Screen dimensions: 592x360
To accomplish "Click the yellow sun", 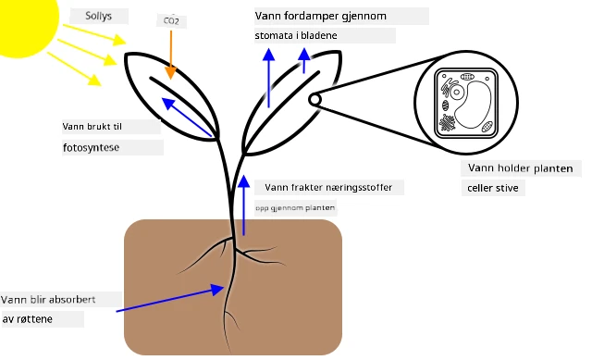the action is [27, 22].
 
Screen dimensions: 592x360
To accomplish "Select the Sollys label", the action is [99, 16].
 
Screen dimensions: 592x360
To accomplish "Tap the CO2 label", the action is [171, 20].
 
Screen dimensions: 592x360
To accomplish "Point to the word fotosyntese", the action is [91, 147].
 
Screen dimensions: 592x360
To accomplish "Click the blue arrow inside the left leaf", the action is [187, 118].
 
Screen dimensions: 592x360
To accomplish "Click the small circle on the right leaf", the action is [314, 100].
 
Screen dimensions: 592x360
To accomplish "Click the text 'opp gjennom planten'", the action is [295, 208].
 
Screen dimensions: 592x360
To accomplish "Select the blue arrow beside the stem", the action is [244, 205].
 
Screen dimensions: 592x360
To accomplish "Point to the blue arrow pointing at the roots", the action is [170, 298].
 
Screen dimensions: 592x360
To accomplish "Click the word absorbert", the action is [72, 300].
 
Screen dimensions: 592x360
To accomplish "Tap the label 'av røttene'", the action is [27, 319].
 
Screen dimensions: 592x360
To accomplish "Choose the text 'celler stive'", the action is [493, 188].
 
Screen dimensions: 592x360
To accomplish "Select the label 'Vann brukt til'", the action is [92, 127].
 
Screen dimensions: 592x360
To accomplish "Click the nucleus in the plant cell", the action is [457, 92].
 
